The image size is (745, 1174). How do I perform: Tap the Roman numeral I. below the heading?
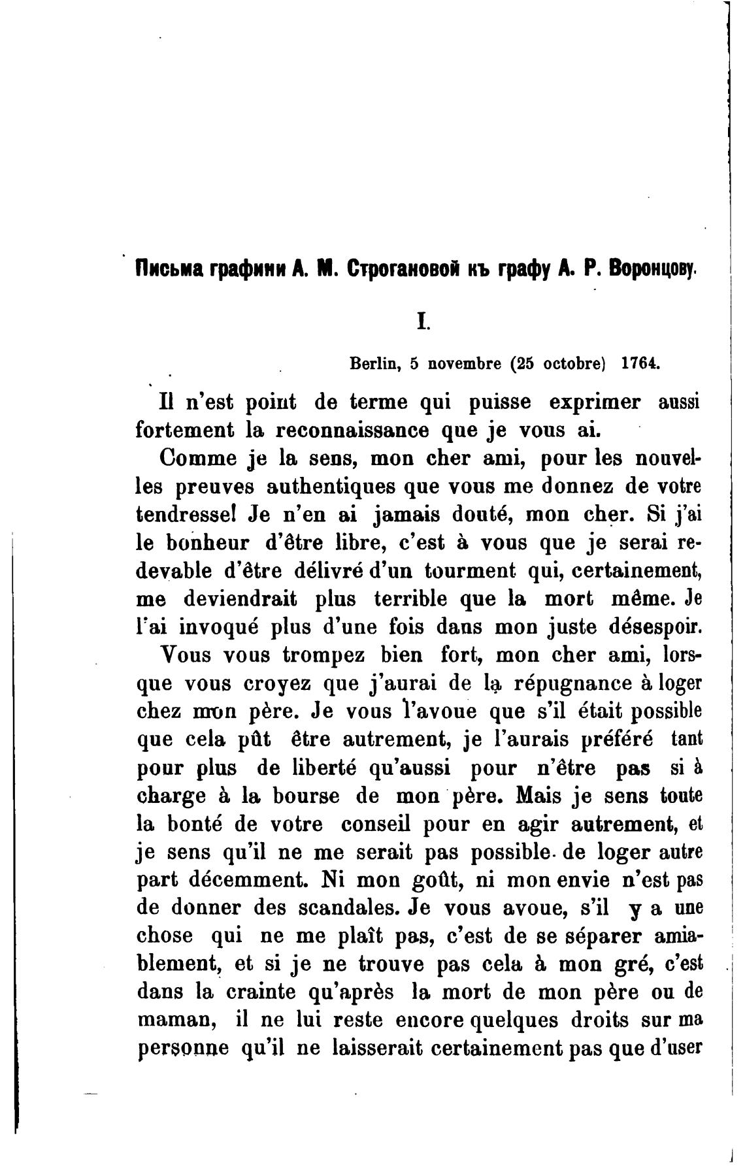(x=423, y=321)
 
